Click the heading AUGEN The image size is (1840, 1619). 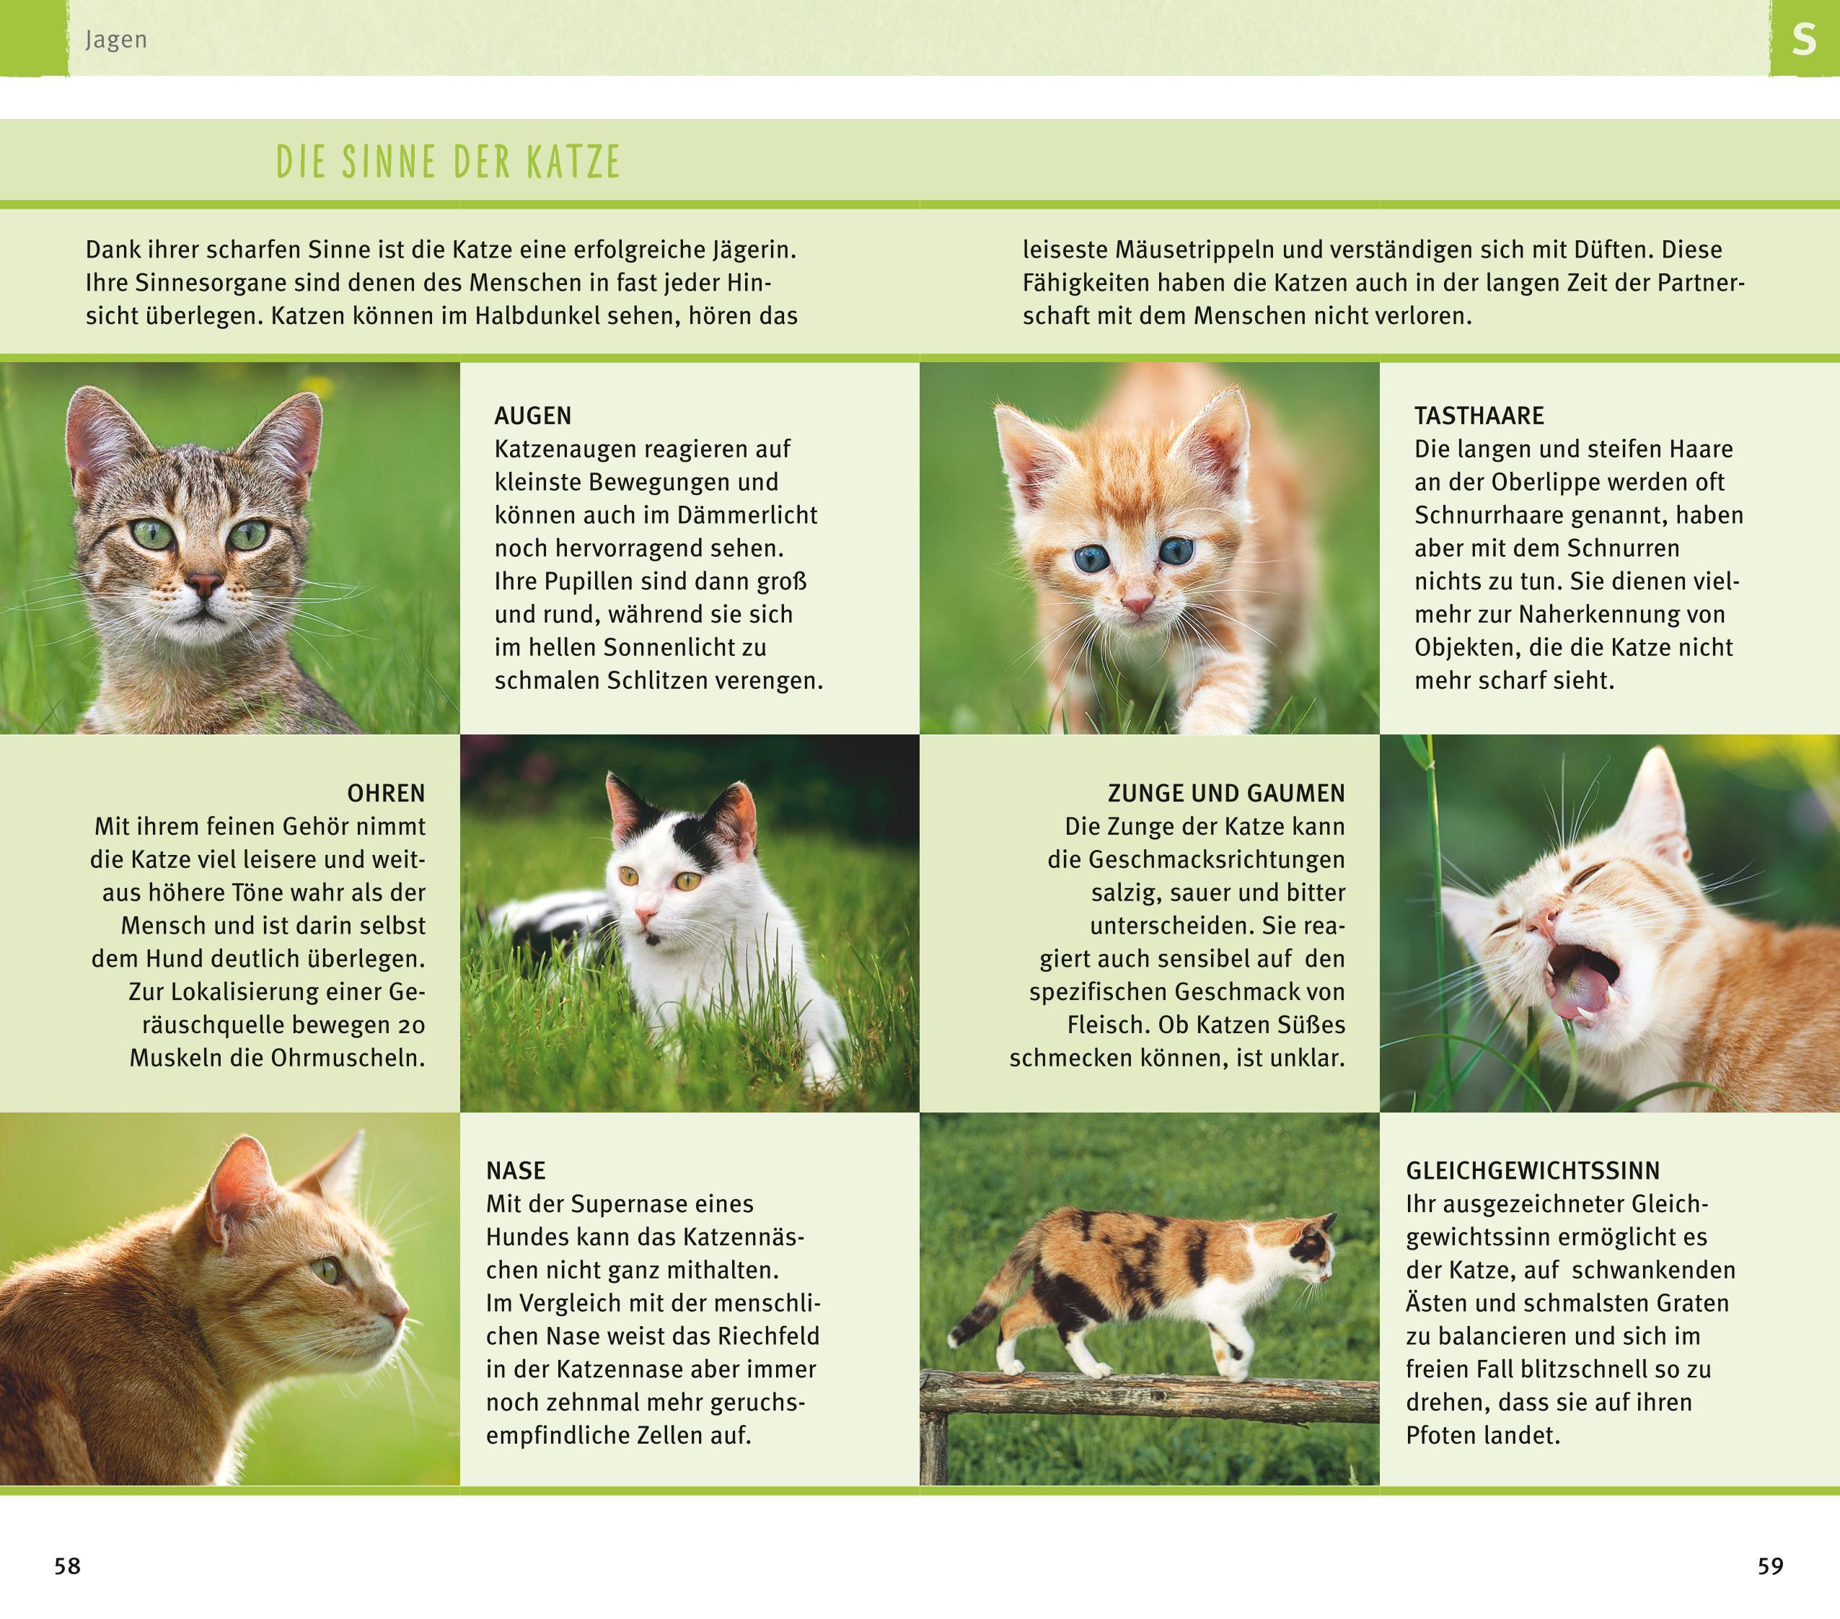[532, 416]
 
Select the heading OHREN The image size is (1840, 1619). [386, 794]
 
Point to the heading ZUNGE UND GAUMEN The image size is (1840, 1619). [1226, 794]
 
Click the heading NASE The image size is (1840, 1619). [516, 1170]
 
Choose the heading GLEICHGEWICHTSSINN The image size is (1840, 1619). [1532, 1170]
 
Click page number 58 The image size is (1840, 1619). [68, 1566]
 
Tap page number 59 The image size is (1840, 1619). [1770, 1566]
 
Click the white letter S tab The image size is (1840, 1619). [1803, 40]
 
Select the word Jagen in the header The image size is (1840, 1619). [116, 40]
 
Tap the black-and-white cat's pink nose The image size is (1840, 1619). [646, 917]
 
